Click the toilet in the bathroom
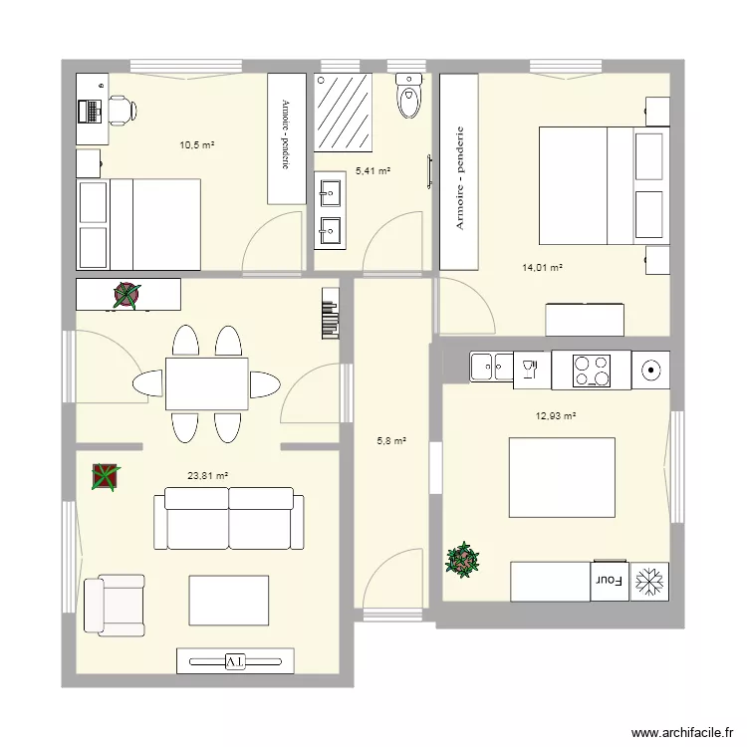click(x=409, y=96)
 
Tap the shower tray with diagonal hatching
click(x=343, y=113)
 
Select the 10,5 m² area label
click(x=197, y=144)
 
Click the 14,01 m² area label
click(x=542, y=268)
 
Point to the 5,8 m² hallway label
click(x=391, y=441)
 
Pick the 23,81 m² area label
click(x=208, y=475)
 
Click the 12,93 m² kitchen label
click(x=556, y=416)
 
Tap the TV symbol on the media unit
click(x=235, y=661)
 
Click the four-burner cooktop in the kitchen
click(x=592, y=371)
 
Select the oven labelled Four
click(x=610, y=581)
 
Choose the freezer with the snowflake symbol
click(x=649, y=582)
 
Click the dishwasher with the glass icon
click(x=532, y=371)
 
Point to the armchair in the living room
click(x=115, y=605)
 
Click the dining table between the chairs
click(x=207, y=384)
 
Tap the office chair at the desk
click(x=123, y=111)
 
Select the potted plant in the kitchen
click(x=462, y=560)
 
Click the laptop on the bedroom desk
click(x=91, y=111)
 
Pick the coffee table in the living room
click(x=229, y=601)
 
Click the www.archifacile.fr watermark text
click(x=682, y=733)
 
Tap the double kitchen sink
click(x=492, y=367)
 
